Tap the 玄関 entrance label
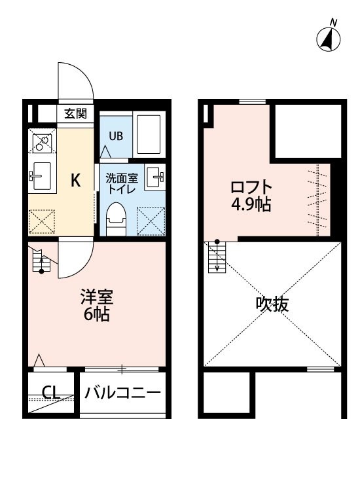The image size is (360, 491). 75,113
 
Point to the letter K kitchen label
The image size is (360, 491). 76,180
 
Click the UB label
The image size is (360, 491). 116,136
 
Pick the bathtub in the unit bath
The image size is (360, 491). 149,134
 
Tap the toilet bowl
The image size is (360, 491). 116,219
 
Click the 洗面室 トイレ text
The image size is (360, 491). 122,183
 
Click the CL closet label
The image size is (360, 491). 51,391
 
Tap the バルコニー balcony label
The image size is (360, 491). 122,392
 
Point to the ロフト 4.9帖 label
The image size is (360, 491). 251,196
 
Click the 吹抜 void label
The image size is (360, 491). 272,304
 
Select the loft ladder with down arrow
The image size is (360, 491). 217,257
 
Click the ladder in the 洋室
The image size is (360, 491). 41,260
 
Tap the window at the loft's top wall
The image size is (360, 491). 252,101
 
